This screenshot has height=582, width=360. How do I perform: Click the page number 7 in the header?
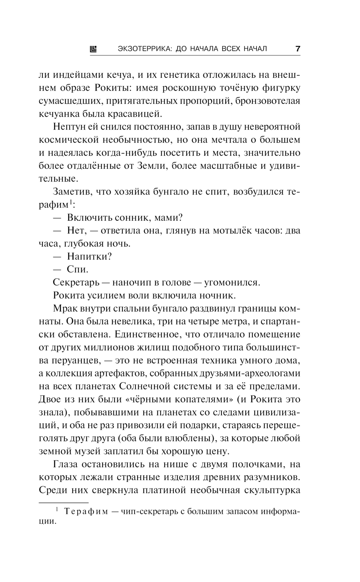click(x=297, y=49)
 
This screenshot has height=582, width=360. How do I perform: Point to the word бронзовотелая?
click(x=267, y=101)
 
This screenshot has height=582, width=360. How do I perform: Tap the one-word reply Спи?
click(x=77, y=269)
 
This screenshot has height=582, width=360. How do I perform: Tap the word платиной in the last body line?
click(x=164, y=490)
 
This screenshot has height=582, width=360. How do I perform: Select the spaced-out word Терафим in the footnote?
click(x=85, y=512)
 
